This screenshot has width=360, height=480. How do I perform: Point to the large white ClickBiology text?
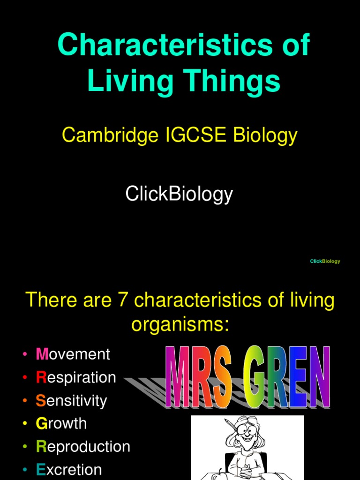179,194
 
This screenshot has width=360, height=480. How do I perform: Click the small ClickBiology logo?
325,261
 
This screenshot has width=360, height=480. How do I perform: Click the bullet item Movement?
73,354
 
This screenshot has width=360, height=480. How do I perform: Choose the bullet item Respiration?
76,377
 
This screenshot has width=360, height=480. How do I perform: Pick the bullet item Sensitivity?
71,401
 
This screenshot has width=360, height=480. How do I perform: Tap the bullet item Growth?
61,424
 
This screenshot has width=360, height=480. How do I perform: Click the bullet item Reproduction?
83,447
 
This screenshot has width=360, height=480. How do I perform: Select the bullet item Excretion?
69,470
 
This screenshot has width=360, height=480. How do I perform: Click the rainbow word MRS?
200,378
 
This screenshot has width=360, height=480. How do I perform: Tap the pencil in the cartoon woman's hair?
230,426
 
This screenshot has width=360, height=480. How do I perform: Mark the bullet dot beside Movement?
24,355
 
